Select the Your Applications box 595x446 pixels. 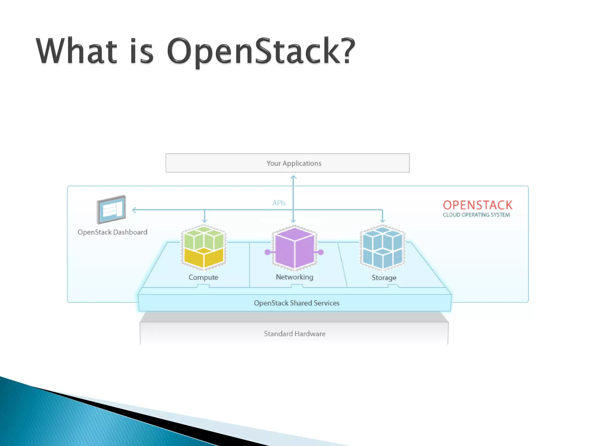coord(288,163)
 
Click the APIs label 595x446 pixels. coord(279,203)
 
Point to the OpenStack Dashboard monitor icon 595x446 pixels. coord(111,209)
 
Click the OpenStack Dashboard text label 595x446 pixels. coord(112,232)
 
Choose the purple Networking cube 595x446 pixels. coord(294,247)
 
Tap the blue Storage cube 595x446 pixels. coord(383,247)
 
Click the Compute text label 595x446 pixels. coord(203,277)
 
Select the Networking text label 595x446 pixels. coord(295,277)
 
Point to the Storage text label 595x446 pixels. coord(384,278)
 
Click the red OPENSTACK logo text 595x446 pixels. coord(478,205)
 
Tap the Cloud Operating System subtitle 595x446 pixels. coord(476,215)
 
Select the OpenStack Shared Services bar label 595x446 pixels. coord(297,303)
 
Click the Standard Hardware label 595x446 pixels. coord(295,334)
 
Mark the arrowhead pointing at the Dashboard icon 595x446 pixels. coord(134,210)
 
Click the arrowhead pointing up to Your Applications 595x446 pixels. coord(293,177)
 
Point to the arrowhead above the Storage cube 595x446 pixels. coord(382,221)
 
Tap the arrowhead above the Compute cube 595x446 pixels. coord(205,221)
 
